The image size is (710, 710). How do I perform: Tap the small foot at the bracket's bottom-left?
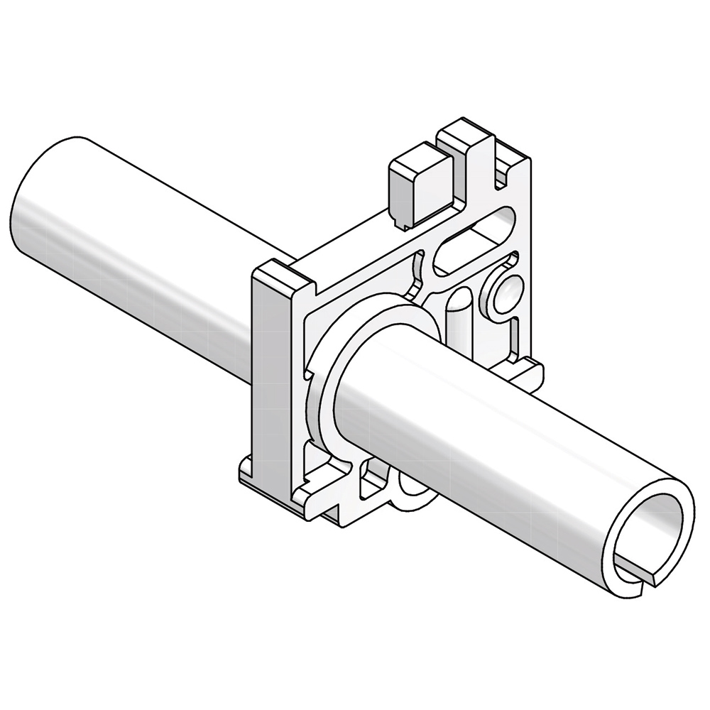[x=245, y=472]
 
